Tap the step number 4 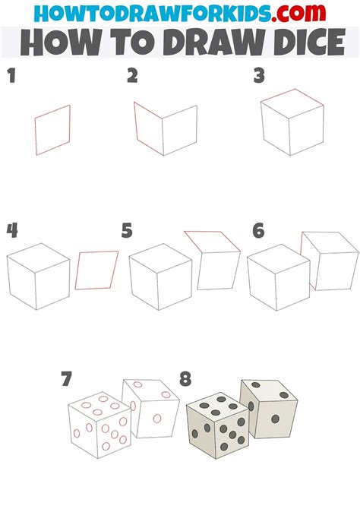coord(11,230)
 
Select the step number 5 coord(127,230)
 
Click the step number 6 coord(258,230)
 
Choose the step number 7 coord(67,378)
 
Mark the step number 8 coord(185,378)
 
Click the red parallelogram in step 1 coord(52,130)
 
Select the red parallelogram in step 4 coord(97,270)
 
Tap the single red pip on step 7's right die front coord(156,418)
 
